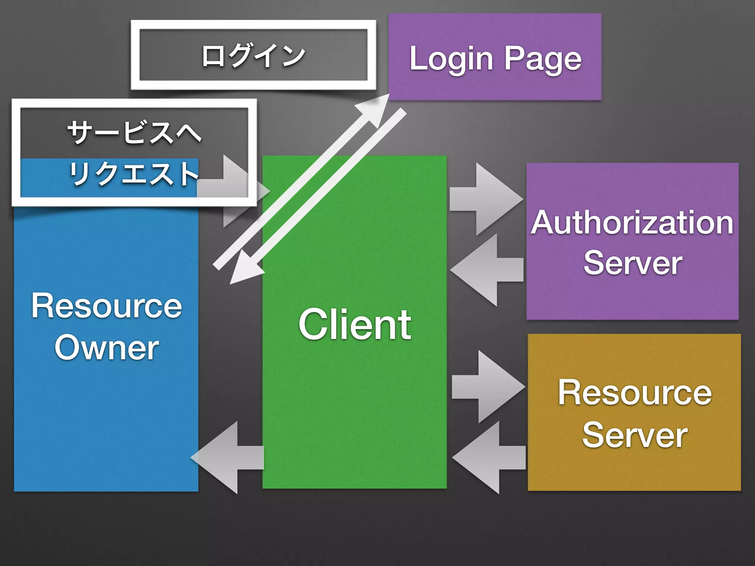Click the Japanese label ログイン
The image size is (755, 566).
point(254,56)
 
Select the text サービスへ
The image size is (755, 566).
point(134,133)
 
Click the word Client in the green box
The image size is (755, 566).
point(355,325)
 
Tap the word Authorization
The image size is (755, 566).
point(632,223)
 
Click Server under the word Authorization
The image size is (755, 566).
point(633,263)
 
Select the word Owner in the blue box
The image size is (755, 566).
point(107,348)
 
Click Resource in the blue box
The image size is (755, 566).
point(107,306)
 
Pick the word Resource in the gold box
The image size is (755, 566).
point(634,393)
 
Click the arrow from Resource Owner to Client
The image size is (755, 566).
point(236,191)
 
